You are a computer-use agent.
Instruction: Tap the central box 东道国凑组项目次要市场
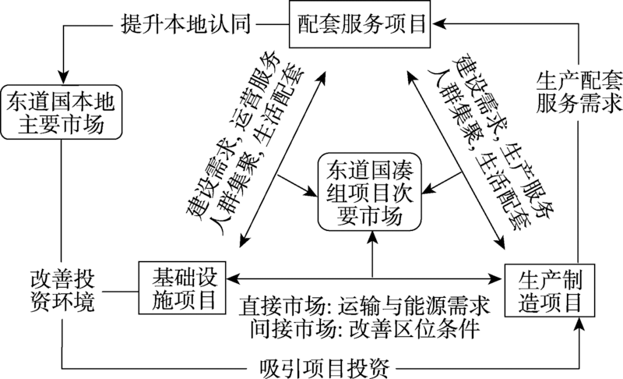(372, 193)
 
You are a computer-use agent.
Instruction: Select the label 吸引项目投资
(326, 364)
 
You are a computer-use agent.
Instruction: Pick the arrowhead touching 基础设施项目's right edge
(231, 277)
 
